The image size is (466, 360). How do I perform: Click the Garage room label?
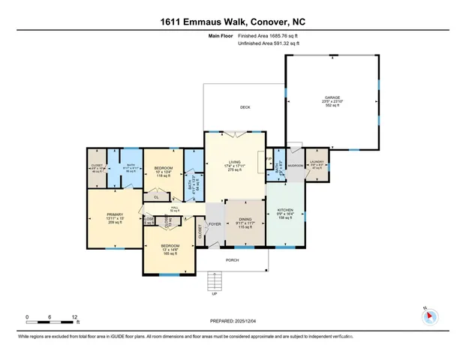(332, 97)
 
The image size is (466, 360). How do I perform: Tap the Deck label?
(245, 108)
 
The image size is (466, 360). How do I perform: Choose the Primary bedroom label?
(115, 215)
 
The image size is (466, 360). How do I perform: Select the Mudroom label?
(295, 165)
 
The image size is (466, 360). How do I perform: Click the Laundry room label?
(317, 162)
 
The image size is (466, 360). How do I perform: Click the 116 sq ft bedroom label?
(164, 168)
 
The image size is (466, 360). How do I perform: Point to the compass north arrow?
(430, 316)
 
